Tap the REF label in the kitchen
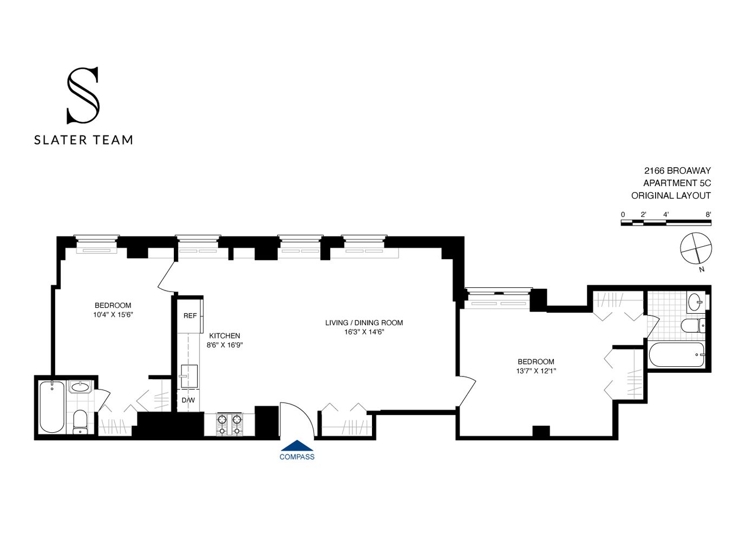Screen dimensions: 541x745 [x=190, y=316]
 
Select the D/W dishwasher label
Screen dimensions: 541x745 [x=188, y=400]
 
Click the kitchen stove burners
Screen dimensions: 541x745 [x=229, y=424]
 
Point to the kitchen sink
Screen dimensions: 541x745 [x=188, y=376]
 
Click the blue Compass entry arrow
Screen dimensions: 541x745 [x=297, y=446]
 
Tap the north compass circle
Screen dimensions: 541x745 [x=696, y=248]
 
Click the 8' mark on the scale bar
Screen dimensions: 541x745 [x=708, y=214]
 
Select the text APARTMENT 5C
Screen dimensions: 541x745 [x=677, y=183]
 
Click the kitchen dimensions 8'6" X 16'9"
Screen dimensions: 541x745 [x=224, y=345]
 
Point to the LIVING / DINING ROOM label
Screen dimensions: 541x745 [x=364, y=322]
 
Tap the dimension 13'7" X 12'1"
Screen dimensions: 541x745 [x=536, y=371]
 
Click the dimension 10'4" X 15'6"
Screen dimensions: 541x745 [x=113, y=314]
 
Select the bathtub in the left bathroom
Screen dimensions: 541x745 [x=52, y=407]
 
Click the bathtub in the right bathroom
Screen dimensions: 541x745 [x=677, y=355]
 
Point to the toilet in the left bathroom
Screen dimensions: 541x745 [x=80, y=421]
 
